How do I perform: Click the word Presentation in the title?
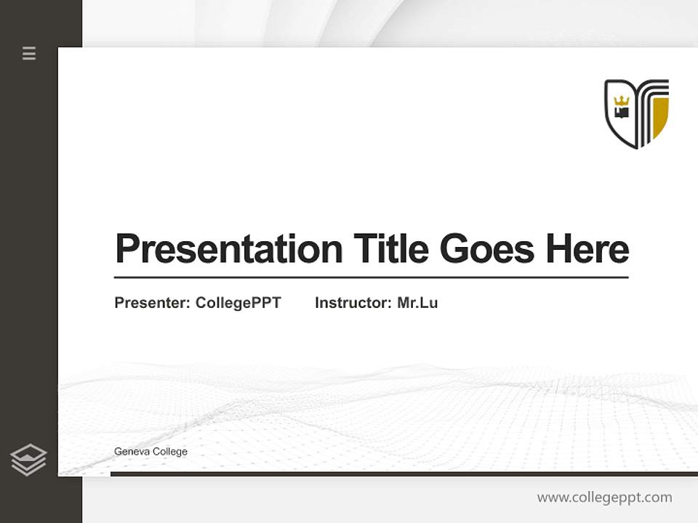point(229,249)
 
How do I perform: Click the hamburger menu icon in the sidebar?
point(29,53)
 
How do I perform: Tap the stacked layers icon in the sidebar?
point(28,460)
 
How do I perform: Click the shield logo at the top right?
point(636,113)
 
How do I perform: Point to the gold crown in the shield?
point(621,101)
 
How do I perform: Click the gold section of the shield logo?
point(660,117)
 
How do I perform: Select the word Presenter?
point(152,303)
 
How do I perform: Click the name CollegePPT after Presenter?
point(238,303)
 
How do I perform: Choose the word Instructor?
point(353,303)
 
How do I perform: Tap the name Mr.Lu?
point(417,303)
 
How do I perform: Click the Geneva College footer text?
point(151,452)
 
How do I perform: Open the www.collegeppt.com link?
point(604,498)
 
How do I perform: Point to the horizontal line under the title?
point(371,277)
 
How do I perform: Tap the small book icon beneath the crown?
point(621,113)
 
